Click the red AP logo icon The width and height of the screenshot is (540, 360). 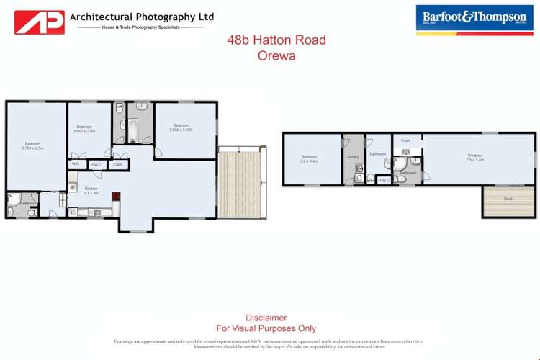click(40, 21)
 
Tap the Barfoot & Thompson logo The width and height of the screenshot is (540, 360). click(476, 19)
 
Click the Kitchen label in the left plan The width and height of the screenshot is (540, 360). click(91, 190)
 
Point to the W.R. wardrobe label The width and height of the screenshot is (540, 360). click(75, 164)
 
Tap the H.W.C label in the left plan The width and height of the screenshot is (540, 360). click(96, 164)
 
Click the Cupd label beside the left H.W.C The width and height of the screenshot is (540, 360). click(117, 164)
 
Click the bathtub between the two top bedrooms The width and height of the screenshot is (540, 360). click(133, 130)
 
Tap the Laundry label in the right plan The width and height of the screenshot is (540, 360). click(352, 157)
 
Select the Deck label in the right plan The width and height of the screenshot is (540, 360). click(508, 198)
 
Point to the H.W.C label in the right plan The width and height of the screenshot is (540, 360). click(384, 180)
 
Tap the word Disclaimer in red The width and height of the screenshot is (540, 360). click(266, 318)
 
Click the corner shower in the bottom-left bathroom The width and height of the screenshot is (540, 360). click(14, 199)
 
